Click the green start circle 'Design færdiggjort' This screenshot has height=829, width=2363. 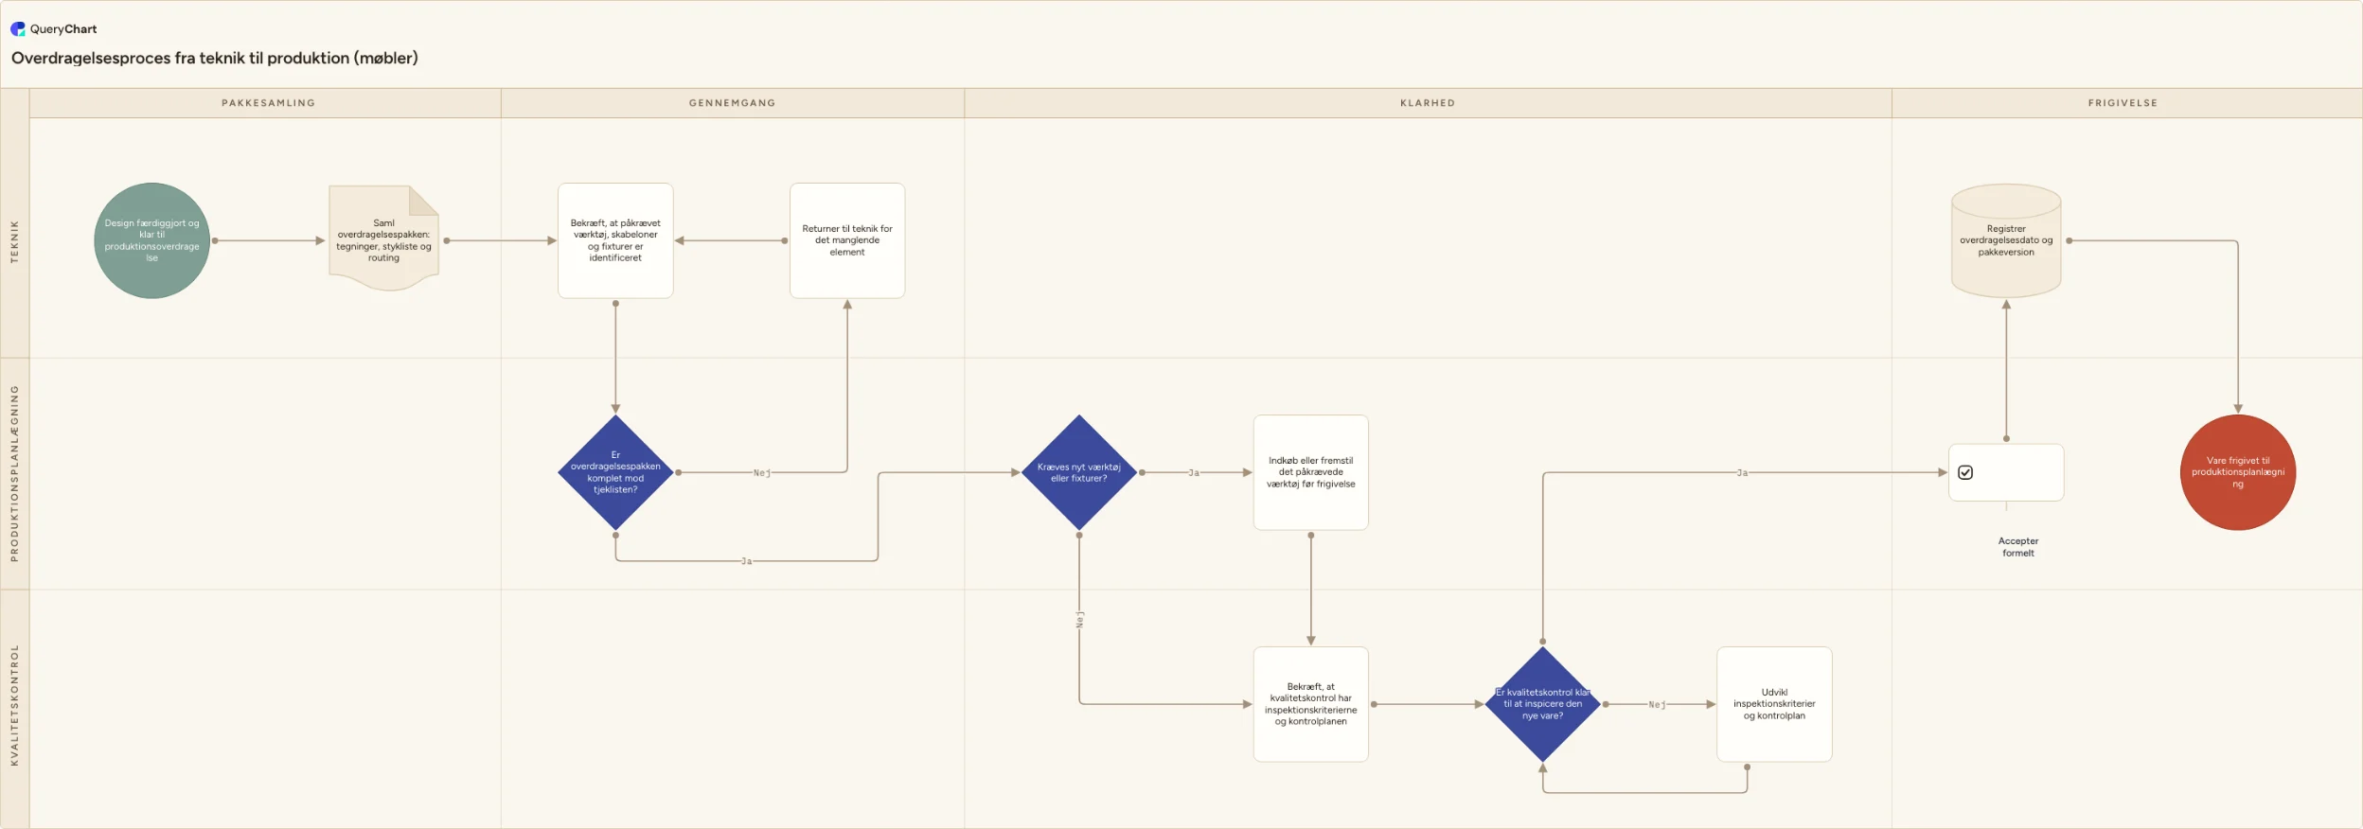(x=151, y=240)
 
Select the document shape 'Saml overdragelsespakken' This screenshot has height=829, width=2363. (x=383, y=238)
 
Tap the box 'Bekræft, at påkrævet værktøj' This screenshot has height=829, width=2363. (x=615, y=240)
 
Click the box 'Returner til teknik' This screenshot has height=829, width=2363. (x=847, y=240)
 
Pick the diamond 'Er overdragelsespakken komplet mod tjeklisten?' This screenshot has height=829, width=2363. (x=615, y=472)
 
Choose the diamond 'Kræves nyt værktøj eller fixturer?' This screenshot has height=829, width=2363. (x=1079, y=472)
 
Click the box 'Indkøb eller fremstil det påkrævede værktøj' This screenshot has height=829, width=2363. (x=1311, y=472)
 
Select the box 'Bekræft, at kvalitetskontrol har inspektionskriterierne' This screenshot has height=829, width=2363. (x=1311, y=704)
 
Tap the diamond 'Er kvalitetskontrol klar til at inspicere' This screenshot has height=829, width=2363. (x=1543, y=704)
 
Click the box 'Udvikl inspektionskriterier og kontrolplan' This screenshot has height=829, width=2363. (x=1775, y=704)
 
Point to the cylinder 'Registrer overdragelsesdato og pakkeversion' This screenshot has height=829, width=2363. (x=2006, y=240)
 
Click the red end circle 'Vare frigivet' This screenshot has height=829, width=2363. (x=2238, y=472)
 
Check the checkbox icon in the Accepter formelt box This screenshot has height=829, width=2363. (x=1965, y=472)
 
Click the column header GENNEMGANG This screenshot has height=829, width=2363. (x=733, y=103)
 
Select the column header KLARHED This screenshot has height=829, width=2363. (x=1428, y=103)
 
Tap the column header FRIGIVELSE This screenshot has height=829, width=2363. (x=2123, y=103)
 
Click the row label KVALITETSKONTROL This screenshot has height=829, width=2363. (x=14, y=705)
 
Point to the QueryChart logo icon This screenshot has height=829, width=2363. (x=18, y=29)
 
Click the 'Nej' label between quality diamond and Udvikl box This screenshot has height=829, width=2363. (x=1657, y=705)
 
